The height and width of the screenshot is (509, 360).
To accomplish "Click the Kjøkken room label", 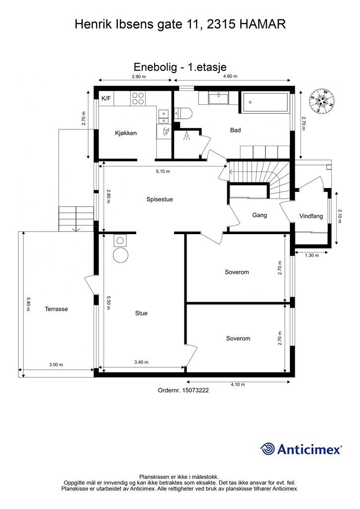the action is click(x=126, y=133).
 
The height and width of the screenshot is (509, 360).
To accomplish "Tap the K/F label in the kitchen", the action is click(x=106, y=98).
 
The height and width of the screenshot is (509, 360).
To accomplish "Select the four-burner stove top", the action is click(x=138, y=98).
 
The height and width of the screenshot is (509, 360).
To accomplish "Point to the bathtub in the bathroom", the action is click(x=264, y=103).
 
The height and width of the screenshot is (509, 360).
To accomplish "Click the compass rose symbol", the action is click(x=322, y=101).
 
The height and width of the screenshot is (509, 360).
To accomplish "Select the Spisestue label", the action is click(x=160, y=199).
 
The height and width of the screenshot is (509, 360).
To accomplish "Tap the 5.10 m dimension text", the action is click(x=163, y=171).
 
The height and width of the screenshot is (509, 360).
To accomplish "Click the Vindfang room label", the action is click(x=311, y=216).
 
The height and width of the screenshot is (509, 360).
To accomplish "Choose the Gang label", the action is click(x=260, y=215).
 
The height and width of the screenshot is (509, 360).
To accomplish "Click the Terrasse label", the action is click(x=56, y=309).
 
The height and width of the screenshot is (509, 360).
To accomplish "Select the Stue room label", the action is click(x=141, y=313).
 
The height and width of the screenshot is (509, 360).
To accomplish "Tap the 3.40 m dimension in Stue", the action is click(x=141, y=362).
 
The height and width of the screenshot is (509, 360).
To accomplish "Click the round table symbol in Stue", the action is click(x=121, y=255).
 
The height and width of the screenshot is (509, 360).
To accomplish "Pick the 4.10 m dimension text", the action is click(x=238, y=384).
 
